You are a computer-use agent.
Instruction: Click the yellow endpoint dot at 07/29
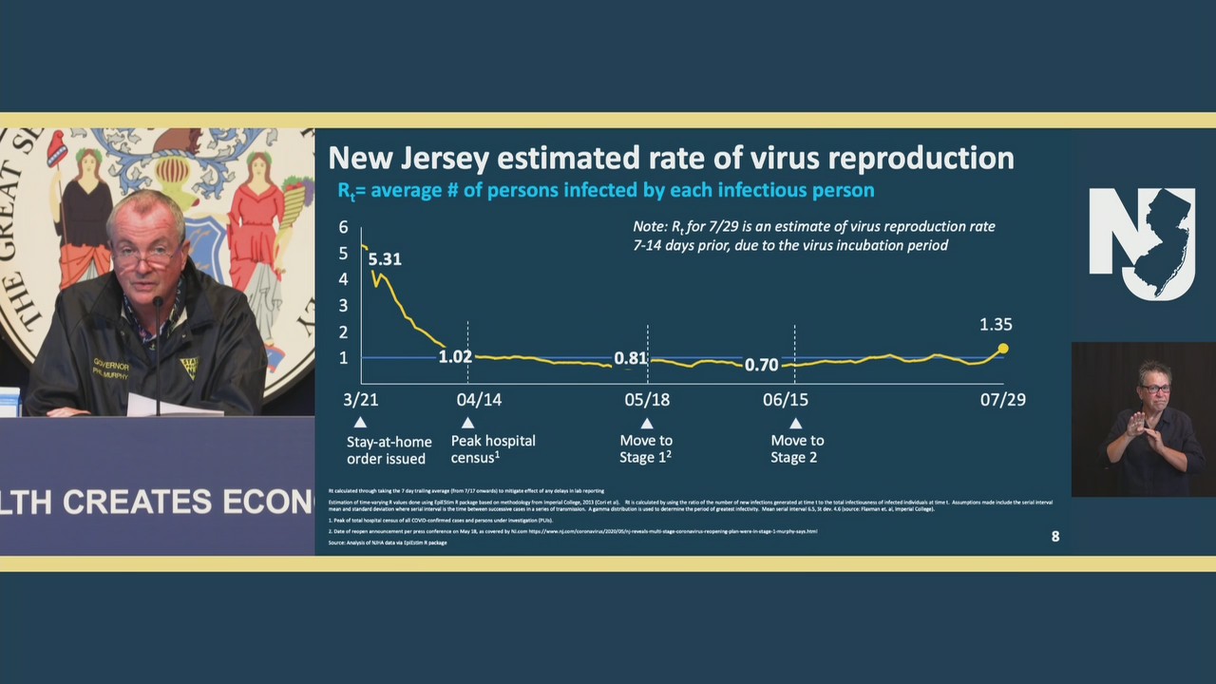point(1003,349)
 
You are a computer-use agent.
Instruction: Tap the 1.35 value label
point(996,325)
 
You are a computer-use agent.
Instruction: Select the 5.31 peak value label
point(385,259)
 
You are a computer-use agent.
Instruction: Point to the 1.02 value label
point(455,357)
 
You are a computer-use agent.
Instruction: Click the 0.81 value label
point(630,359)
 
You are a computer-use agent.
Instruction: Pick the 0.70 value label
point(761,365)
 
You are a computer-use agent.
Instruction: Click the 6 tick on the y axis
point(343,228)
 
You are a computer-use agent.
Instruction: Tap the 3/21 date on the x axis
point(360,400)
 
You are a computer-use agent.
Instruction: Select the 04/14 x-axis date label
point(479,400)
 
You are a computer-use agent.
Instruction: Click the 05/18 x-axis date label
point(647,400)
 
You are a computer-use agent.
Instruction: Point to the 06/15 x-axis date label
point(786,400)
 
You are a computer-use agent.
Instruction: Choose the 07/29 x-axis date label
point(1003,400)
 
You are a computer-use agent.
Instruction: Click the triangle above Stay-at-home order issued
point(360,423)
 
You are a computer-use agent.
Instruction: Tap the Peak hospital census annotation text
point(493,448)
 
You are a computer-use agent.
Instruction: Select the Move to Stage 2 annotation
point(797,448)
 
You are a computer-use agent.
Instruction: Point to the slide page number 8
point(1054,537)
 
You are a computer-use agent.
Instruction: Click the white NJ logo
point(1143,242)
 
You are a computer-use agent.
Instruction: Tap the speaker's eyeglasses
point(144,256)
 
